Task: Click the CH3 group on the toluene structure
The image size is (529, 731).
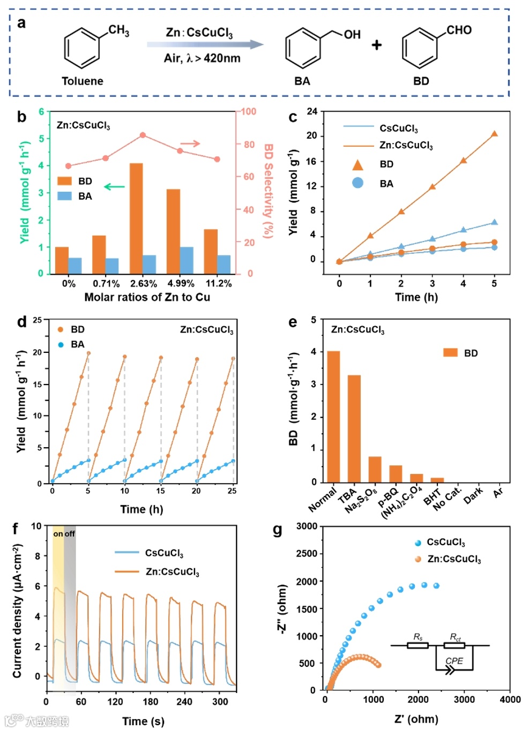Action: point(118,30)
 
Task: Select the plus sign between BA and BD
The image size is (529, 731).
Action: point(377,45)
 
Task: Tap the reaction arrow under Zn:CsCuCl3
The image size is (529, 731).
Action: point(205,44)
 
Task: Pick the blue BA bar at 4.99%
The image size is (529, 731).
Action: point(187,260)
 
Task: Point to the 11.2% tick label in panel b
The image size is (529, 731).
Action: point(219,283)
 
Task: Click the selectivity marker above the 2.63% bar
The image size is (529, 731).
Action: point(143,135)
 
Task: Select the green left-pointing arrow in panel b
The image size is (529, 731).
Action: point(114,187)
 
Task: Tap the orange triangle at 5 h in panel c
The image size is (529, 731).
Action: point(494,134)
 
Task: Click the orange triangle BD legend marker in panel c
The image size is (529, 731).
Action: point(357,165)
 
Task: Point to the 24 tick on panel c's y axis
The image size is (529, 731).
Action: point(312,111)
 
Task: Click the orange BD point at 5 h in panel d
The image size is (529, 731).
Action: point(88,353)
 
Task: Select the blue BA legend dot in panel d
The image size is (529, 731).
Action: point(61,344)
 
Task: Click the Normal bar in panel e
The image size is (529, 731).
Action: point(333,417)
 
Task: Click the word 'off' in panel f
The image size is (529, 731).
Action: point(70,534)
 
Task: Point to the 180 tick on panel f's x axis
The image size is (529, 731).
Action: point(150,702)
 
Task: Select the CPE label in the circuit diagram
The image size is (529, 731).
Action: point(454,661)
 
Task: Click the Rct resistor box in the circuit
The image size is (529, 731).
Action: point(455,645)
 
